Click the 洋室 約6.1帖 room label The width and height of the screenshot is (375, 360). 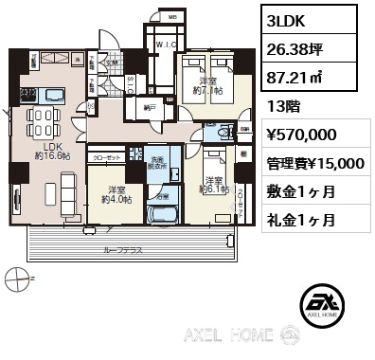click(213, 185)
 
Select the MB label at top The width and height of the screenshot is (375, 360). click(172, 16)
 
